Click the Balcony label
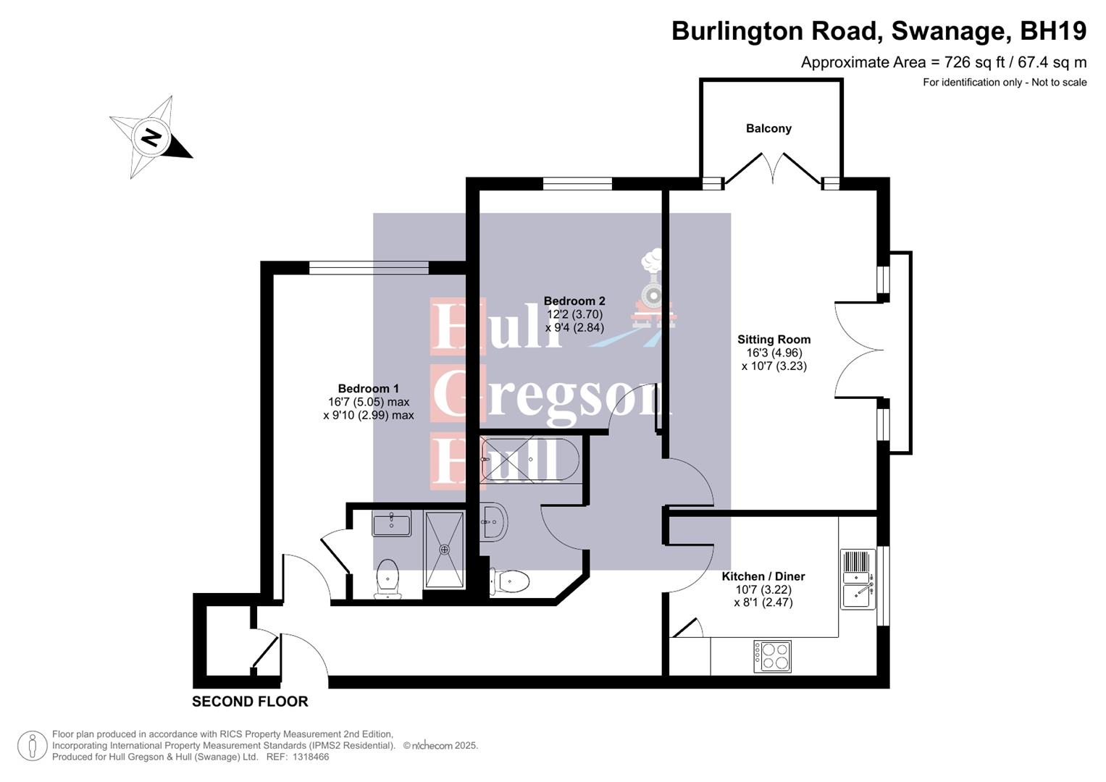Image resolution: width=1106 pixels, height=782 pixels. (x=768, y=128)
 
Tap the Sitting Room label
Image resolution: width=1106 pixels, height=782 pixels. (x=774, y=340)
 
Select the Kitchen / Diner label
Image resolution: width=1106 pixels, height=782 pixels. (x=763, y=576)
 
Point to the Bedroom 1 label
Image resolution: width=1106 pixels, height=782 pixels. (x=368, y=389)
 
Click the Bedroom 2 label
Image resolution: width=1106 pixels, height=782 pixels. (x=574, y=301)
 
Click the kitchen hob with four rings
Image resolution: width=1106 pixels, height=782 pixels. (x=772, y=656)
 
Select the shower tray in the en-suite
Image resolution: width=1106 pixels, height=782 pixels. (x=444, y=550)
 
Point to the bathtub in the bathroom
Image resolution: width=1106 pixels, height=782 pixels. (x=529, y=459)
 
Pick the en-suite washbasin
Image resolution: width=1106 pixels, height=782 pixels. (x=391, y=523)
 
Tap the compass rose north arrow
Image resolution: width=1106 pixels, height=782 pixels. (x=152, y=137)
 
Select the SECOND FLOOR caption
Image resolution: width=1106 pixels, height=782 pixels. (x=250, y=702)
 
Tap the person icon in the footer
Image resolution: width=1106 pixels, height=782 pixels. (x=33, y=746)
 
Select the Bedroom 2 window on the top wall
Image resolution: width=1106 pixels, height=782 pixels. (x=577, y=184)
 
